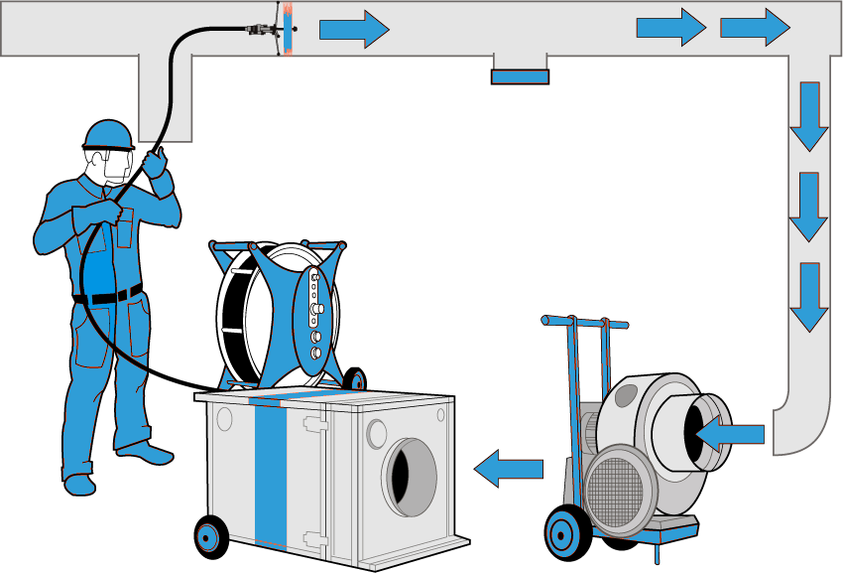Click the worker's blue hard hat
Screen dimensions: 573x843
click(x=109, y=135)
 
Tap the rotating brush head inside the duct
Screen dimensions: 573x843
click(x=287, y=28)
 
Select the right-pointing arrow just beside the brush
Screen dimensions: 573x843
click(x=353, y=29)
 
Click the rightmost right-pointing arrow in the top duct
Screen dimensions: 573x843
click(x=755, y=28)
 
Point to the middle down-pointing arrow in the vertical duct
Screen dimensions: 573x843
click(x=808, y=207)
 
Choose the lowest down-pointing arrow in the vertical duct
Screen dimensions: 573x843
click(x=808, y=297)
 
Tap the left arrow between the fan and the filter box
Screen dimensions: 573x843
click(x=508, y=468)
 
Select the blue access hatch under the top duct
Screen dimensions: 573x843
click(x=520, y=76)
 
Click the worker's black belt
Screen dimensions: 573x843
click(x=109, y=295)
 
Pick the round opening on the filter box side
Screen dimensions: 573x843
click(x=411, y=477)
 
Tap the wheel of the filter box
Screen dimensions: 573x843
click(x=208, y=536)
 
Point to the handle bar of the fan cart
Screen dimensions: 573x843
click(x=585, y=322)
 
